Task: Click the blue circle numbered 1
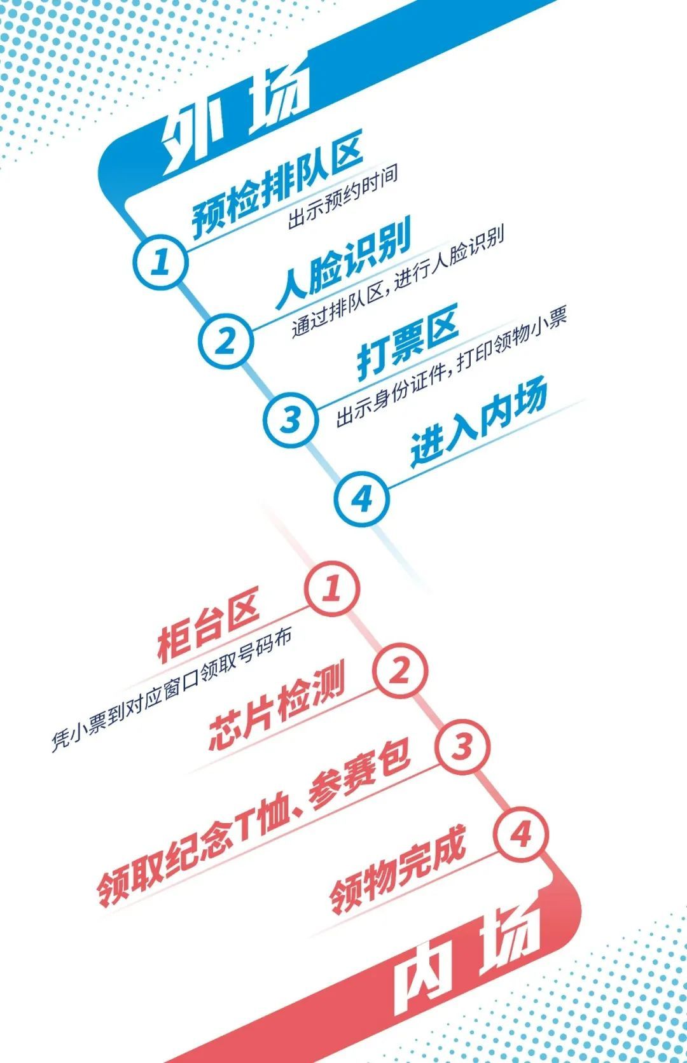click(161, 261)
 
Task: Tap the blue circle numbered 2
click(226, 341)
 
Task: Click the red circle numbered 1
click(331, 588)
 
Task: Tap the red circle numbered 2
click(399, 670)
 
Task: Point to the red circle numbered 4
click(521, 835)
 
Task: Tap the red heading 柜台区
click(209, 627)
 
